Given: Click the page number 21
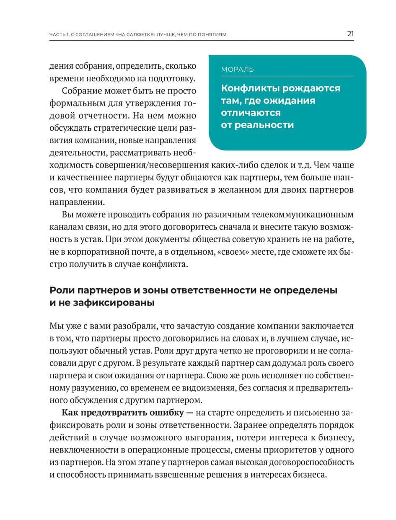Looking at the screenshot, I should [350, 34].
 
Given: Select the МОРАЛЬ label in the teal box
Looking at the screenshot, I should [237, 70].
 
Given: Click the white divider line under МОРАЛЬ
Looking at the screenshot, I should [287, 77].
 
